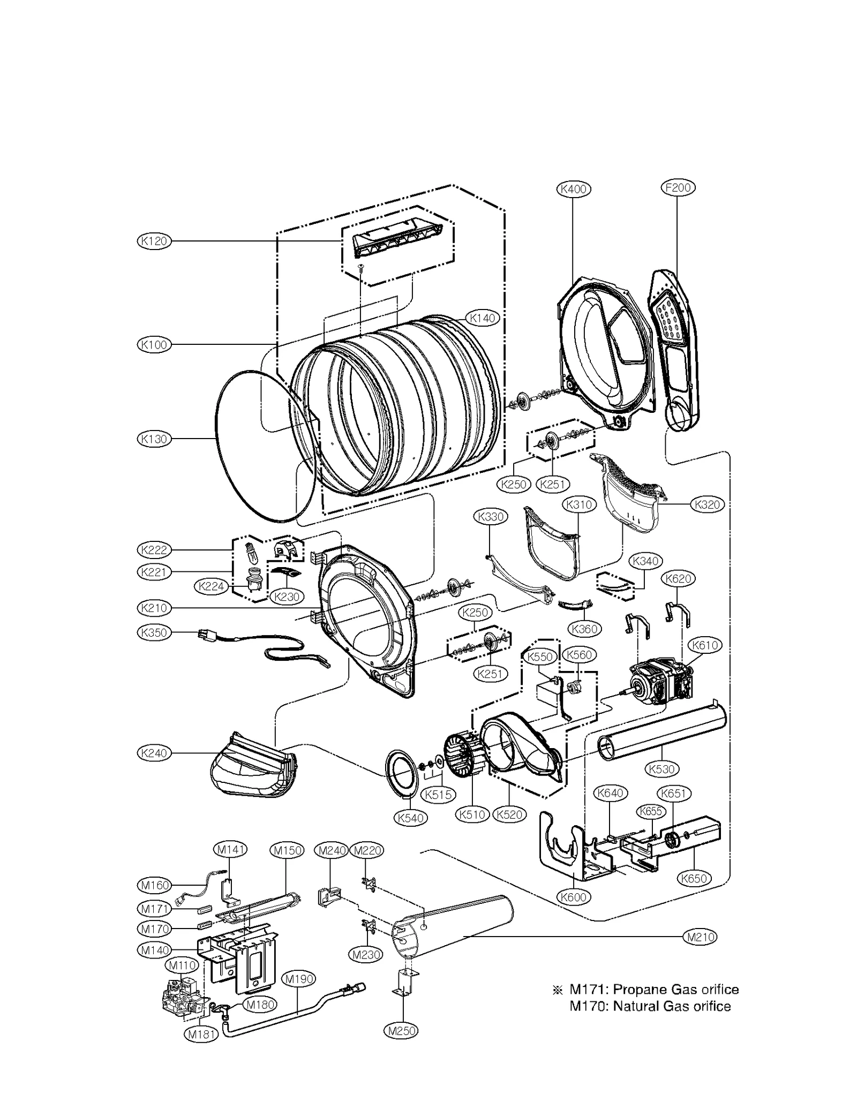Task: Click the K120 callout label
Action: (x=154, y=241)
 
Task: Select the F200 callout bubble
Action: (x=678, y=187)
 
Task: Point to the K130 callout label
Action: (x=154, y=439)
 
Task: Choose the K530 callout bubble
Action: (x=661, y=769)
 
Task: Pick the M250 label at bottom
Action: (x=401, y=1030)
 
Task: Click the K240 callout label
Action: (x=154, y=753)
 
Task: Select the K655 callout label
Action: (x=651, y=811)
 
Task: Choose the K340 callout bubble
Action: (x=645, y=561)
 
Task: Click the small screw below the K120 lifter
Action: (x=360, y=266)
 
